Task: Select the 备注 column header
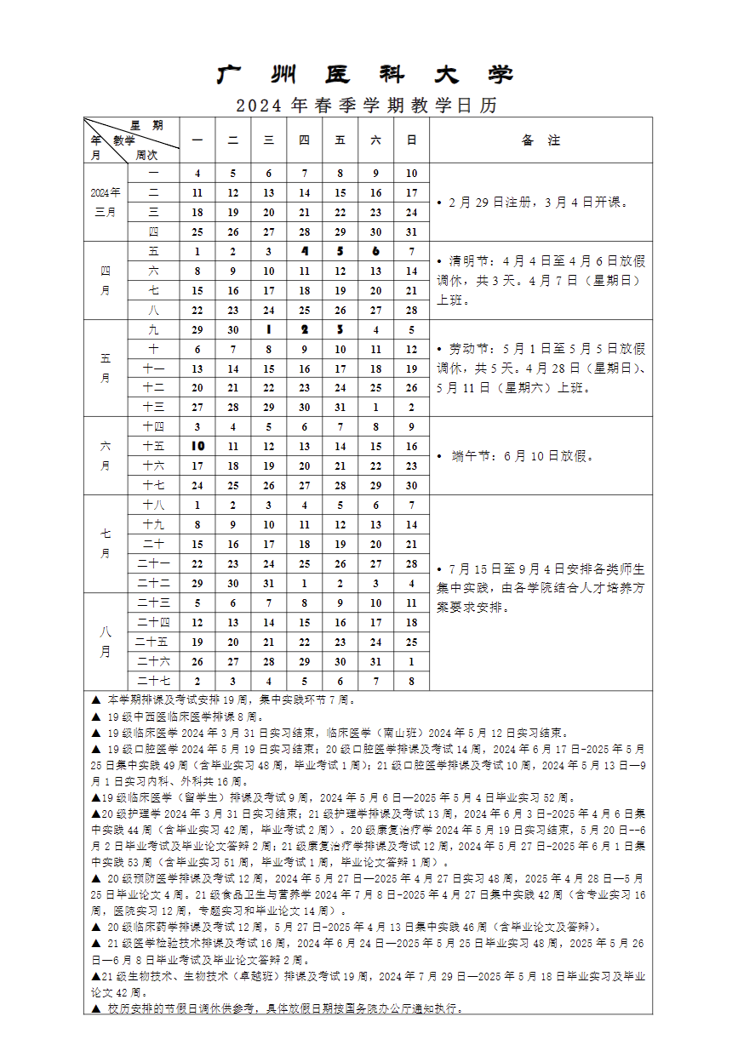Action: [541, 140]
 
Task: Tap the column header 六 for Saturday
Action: [375, 140]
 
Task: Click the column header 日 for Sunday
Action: [411, 140]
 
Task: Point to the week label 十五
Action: [154, 447]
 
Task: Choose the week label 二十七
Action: [154, 681]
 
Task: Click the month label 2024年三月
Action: [106, 203]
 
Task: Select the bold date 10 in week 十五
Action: [197, 447]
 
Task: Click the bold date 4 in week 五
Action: [304, 252]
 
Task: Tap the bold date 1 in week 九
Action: [268, 330]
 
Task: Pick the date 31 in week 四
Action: [411, 231]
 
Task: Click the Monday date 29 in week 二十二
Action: [197, 584]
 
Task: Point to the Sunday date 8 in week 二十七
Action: [411, 681]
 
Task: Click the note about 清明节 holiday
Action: [541, 281]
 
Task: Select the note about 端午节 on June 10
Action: [523, 456]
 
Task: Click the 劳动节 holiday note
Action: [541, 368]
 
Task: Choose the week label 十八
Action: [154, 505]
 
